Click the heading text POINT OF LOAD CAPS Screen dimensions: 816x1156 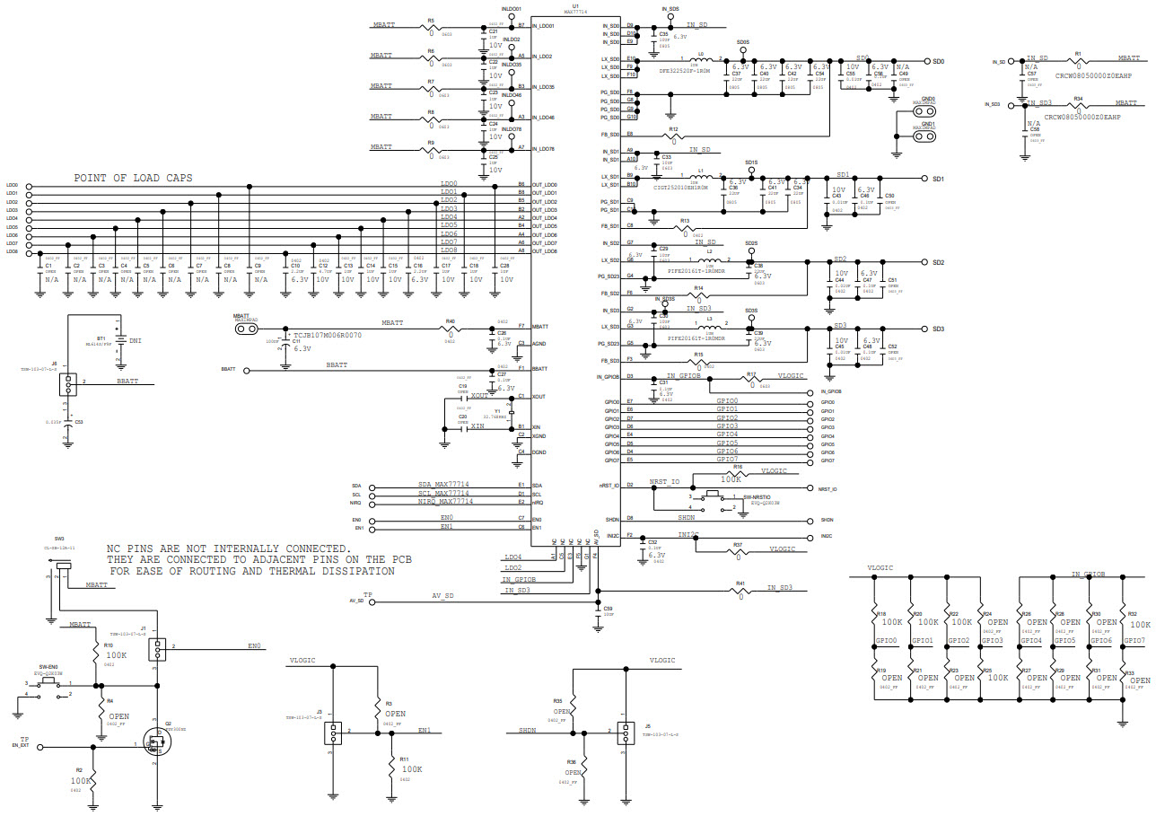point(133,178)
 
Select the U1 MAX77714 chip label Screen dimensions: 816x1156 point(575,10)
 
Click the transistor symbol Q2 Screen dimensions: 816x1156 point(157,744)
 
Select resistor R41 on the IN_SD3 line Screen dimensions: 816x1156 point(740,590)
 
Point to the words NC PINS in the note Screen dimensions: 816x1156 point(134,548)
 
